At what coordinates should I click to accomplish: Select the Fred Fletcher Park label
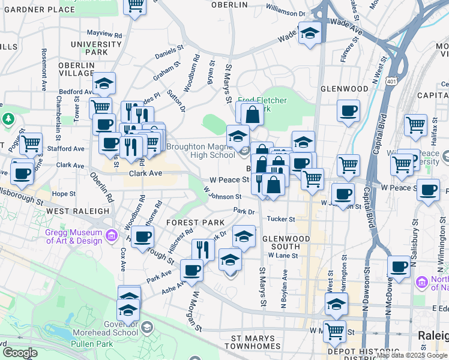pyautogui.click(x=262, y=105)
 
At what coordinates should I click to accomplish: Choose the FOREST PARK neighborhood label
pyautogui.click(x=191, y=223)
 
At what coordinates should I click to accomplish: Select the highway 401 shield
pyautogui.click(x=391, y=80)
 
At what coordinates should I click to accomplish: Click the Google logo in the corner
pyautogui.click(x=19, y=353)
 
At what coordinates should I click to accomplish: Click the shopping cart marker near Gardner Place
pyautogui.click(x=134, y=6)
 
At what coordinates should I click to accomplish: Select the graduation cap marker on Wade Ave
pyautogui.click(x=310, y=34)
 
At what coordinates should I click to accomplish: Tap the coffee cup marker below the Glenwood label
pyautogui.click(x=348, y=112)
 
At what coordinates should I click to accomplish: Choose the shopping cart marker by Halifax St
pyautogui.click(x=415, y=125)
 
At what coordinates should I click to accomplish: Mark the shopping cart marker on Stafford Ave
pyautogui.click(x=31, y=145)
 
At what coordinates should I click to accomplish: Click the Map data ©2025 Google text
pyautogui.click(x=412, y=355)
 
